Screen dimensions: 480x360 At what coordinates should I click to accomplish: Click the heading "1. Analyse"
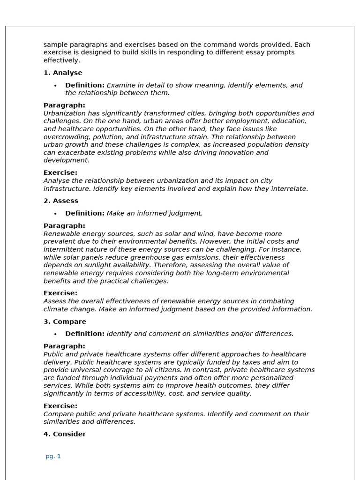point(63,73)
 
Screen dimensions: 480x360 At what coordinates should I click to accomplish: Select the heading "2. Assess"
point(61,201)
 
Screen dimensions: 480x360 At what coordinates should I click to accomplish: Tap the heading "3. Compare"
point(65,322)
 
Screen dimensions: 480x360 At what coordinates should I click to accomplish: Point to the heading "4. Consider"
point(65,434)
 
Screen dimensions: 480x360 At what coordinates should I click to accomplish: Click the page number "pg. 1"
point(53,456)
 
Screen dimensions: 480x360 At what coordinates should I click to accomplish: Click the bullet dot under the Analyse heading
point(55,86)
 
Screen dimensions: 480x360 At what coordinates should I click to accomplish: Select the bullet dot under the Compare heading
point(55,334)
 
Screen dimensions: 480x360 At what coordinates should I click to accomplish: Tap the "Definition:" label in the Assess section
point(85,213)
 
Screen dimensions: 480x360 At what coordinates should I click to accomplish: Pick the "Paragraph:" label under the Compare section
point(64,346)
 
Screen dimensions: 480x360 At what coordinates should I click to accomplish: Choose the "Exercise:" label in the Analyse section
point(60,172)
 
